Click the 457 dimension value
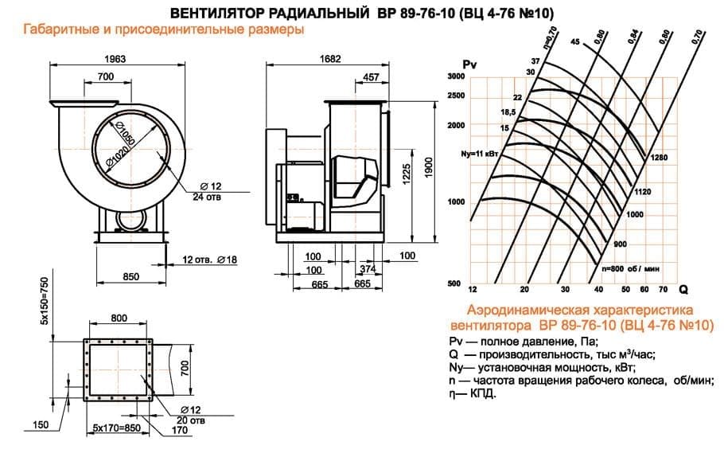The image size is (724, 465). point(370,76)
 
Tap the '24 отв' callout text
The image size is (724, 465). point(209,198)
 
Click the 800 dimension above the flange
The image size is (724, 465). point(119,318)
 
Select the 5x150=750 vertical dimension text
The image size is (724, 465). point(45,300)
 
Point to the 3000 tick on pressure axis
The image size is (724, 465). point(454,76)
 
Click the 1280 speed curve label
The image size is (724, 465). point(658,158)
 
